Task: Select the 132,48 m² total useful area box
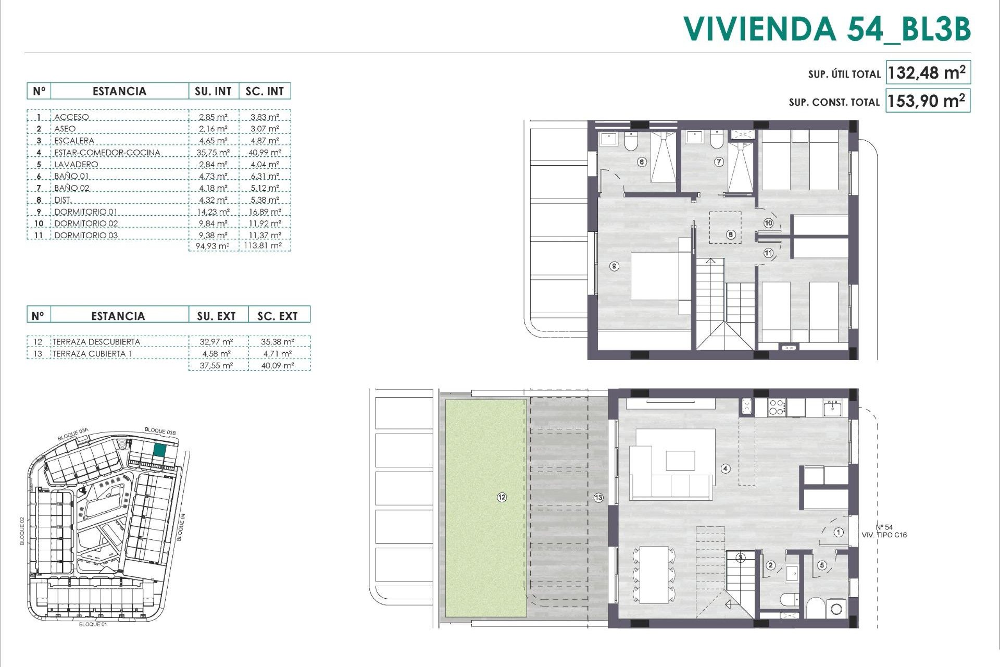927,73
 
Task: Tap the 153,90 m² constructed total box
927,101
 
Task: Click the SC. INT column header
265,91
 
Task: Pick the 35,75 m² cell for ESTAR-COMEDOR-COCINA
214,153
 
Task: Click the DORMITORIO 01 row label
86,212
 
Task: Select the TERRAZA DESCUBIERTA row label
96,342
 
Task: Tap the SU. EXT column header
216,316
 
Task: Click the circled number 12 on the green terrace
502,498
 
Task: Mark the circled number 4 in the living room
726,468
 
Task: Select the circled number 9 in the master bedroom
615,266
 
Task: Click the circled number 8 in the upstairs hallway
731,234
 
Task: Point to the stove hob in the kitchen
776,407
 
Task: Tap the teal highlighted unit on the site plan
160,451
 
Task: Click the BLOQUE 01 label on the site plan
93,624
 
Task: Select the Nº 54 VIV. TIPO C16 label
884,531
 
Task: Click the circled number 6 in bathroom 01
642,162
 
